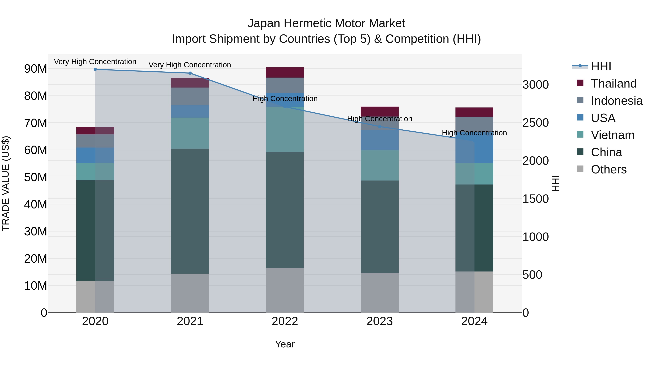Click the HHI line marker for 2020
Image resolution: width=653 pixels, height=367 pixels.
click(95, 69)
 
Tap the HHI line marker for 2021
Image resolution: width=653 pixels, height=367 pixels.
click(190, 73)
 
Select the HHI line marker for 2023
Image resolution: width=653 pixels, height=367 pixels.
click(379, 127)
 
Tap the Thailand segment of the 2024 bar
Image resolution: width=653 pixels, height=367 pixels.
click(474, 112)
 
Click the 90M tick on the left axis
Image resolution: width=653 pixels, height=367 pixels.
click(36, 69)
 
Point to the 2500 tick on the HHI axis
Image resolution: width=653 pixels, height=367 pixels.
click(535, 123)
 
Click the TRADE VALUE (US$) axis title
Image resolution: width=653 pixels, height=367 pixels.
click(6, 183)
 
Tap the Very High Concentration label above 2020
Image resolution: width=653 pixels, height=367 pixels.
click(95, 62)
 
